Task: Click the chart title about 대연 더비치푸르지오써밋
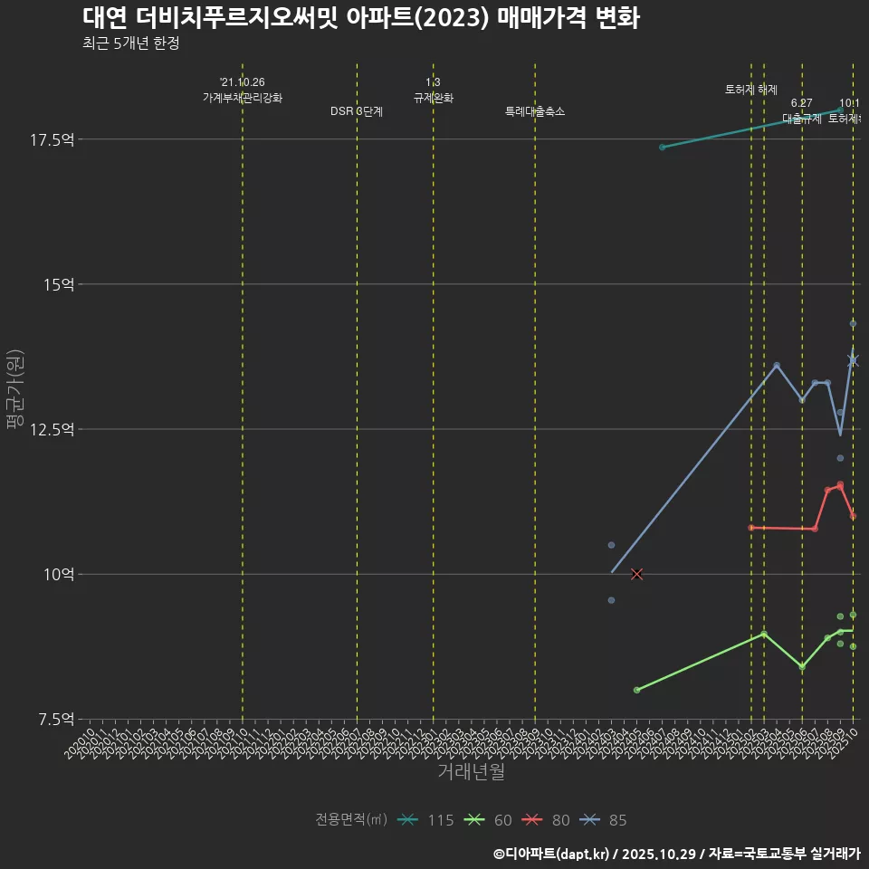[x=360, y=18]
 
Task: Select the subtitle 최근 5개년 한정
[x=136, y=43]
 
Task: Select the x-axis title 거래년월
[x=471, y=772]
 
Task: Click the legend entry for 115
[x=427, y=820]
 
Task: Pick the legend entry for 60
[x=489, y=820]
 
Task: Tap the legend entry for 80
[x=548, y=820]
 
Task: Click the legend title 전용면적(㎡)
[x=351, y=820]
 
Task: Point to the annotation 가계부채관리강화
[x=243, y=97]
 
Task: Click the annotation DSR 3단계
[x=357, y=111]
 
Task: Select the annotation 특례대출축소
[x=535, y=111]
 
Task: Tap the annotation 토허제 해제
[x=751, y=90]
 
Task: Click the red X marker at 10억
[x=636, y=574]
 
